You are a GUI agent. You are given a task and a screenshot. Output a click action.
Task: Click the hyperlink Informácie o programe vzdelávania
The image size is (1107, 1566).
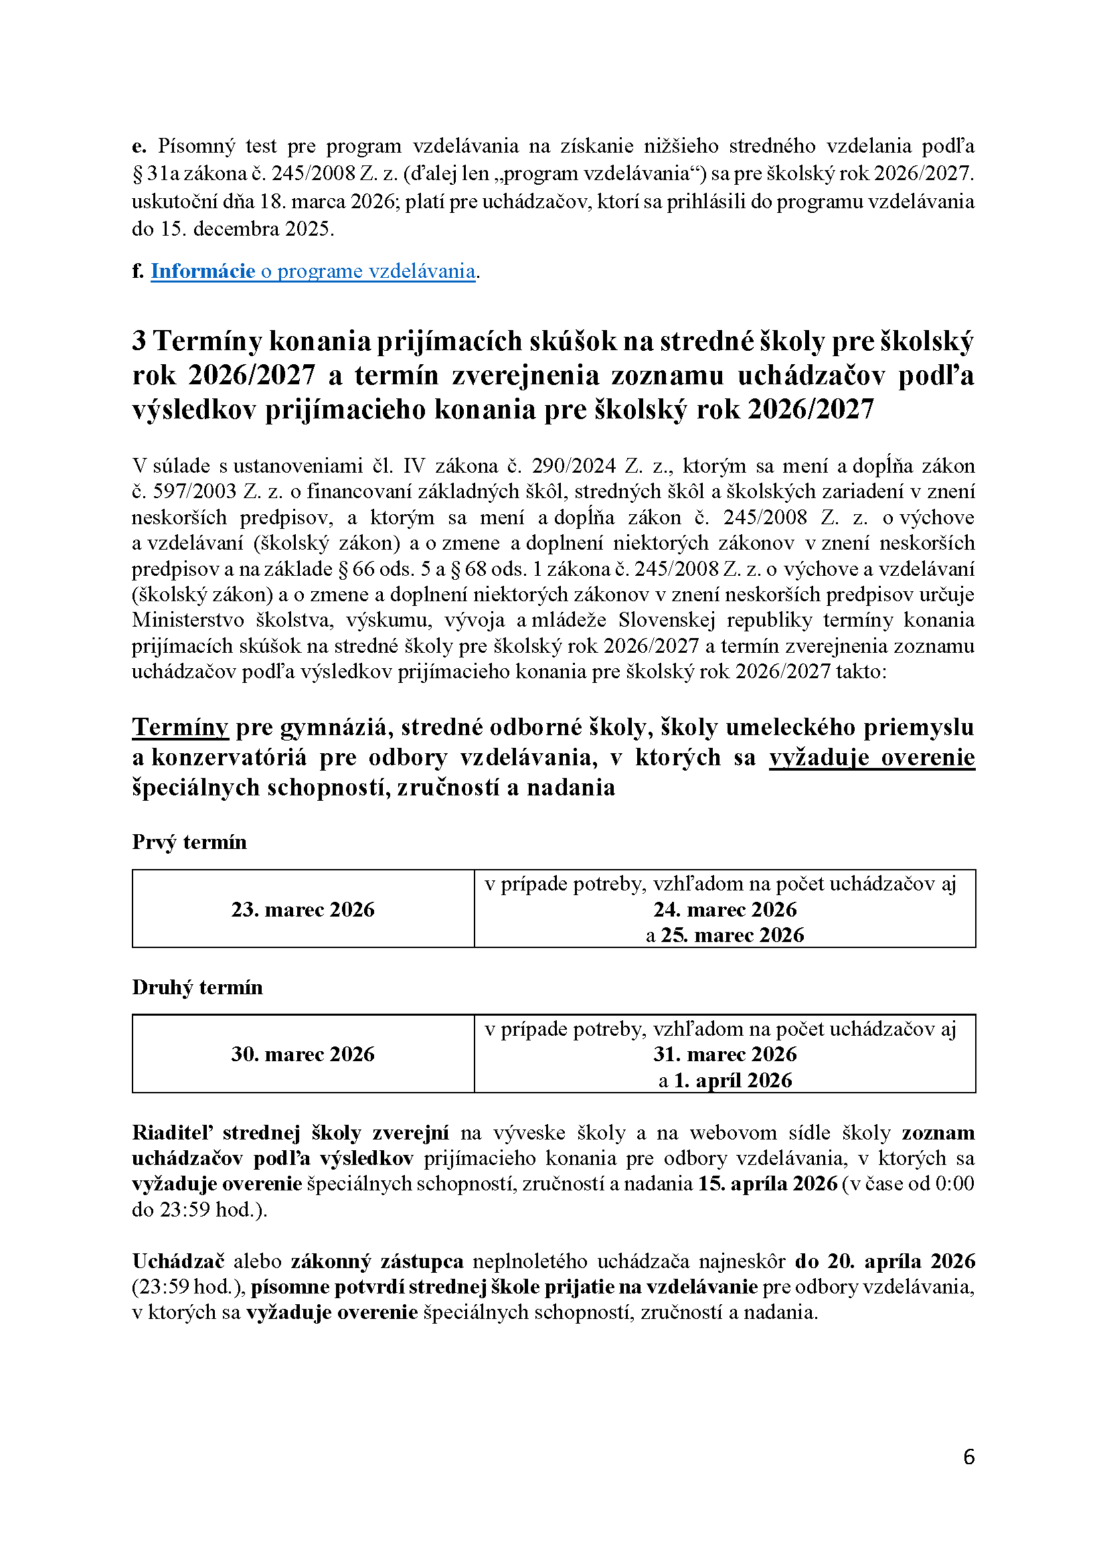[313, 271]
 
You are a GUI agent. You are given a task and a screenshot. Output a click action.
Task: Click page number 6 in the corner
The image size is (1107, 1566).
[968, 1457]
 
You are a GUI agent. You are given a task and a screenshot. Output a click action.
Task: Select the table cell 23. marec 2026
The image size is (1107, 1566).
[303, 909]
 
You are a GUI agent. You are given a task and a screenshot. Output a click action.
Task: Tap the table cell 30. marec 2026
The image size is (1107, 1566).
[303, 1054]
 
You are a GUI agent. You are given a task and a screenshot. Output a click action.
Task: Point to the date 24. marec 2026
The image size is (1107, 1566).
[725, 909]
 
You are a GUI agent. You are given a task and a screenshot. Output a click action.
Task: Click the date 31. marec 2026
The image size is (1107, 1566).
[725, 1054]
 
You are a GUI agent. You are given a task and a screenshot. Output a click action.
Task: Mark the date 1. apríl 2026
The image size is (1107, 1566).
[733, 1080]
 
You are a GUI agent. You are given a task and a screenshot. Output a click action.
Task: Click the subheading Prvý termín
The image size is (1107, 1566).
[189, 842]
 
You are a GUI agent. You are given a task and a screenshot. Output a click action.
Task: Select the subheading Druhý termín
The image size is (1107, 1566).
[197, 987]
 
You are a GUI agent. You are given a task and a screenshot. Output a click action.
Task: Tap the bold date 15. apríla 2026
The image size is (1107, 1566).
[767, 1183]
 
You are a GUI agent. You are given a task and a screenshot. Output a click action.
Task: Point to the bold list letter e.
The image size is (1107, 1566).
[139, 146]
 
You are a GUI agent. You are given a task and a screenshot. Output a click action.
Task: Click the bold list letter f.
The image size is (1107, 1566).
[138, 271]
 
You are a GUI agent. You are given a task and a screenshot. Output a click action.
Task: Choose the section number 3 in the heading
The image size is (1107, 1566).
[139, 340]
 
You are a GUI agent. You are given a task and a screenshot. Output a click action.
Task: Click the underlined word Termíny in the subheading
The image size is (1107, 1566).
[179, 727]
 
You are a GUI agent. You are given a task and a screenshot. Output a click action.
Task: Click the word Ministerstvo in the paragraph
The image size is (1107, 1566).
[187, 620]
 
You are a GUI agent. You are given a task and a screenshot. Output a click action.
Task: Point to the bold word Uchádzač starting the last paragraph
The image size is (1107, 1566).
[177, 1261]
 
